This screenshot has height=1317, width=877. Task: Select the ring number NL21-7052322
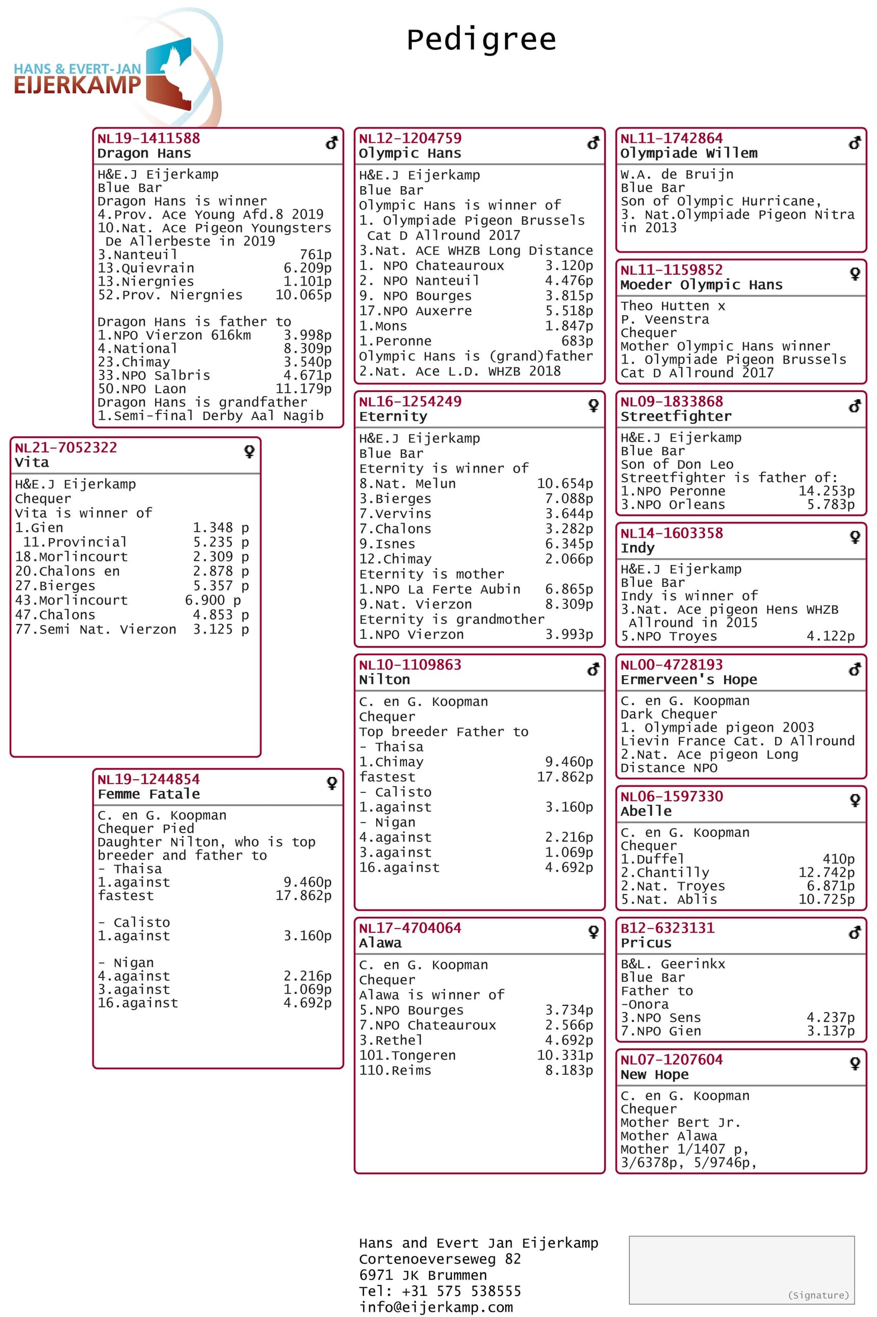tap(66, 447)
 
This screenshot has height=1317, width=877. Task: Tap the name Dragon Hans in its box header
tap(144, 153)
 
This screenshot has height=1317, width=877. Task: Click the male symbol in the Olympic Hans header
tap(593, 144)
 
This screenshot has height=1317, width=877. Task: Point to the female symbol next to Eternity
tap(594, 405)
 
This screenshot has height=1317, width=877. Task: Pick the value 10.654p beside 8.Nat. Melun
tap(564, 483)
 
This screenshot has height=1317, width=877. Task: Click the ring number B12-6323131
tap(667, 928)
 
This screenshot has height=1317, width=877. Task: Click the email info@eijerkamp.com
tap(436, 1307)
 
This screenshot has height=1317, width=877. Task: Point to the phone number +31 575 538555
tap(461, 1290)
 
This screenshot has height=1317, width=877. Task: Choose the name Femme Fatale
tap(148, 794)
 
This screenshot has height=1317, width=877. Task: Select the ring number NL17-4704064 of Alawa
tap(410, 928)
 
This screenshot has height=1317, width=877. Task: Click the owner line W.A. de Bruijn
tap(677, 174)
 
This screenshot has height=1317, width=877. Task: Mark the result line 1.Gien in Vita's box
tap(39, 527)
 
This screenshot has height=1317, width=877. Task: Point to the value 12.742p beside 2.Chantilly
tap(826, 872)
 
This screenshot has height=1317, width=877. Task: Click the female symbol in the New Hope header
tap(855, 1063)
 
